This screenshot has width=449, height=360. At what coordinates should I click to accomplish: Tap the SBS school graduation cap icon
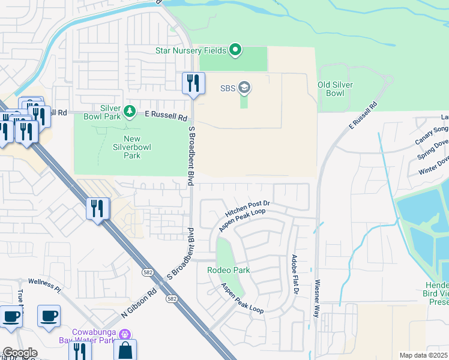244,88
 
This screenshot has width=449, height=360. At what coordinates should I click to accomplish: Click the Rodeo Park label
228,270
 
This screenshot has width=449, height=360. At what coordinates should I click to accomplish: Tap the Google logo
20,353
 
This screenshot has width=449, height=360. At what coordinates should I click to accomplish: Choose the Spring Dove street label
433,149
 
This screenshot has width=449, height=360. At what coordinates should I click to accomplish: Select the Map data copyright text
423,355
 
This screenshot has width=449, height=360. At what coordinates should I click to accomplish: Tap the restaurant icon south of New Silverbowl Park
97,209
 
